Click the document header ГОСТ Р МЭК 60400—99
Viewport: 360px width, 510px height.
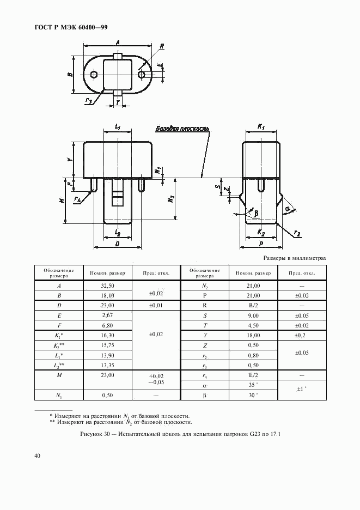pyautogui.click(x=71, y=27)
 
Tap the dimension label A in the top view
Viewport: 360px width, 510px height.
pyautogui.click(x=118, y=42)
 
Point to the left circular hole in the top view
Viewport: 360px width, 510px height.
pyautogui.click(x=94, y=75)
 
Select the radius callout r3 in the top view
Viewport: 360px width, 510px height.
pyautogui.click(x=89, y=101)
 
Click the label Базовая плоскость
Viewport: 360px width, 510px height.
pyautogui.click(x=182, y=129)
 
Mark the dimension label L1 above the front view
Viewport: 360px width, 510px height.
pyautogui.click(x=118, y=127)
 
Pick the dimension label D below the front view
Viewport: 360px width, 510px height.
pyautogui.click(x=118, y=244)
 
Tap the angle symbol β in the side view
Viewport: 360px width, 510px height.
pyautogui.click(x=256, y=214)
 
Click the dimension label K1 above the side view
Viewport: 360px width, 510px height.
pyautogui.click(x=261, y=127)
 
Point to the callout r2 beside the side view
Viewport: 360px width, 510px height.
pyautogui.click(x=297, y=233)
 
